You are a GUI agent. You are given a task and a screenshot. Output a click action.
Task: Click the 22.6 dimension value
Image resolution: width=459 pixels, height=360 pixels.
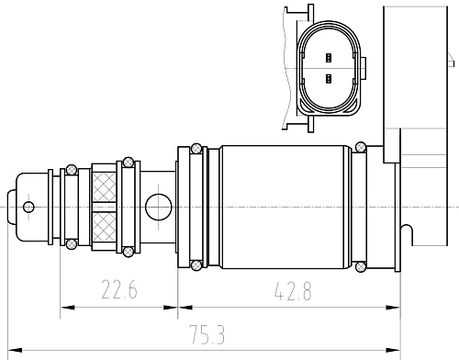(x=119, y=289)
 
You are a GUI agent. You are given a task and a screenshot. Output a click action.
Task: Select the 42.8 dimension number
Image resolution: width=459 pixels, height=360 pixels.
(x=293, y=291)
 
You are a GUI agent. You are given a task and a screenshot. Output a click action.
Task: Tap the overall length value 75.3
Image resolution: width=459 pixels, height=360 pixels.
(x=207, y=334)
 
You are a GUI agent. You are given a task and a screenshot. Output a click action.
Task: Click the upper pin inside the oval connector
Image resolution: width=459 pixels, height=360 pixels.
(x=329, y=58)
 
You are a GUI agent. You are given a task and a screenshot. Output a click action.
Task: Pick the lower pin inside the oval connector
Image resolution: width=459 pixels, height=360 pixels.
(x=329, y=79)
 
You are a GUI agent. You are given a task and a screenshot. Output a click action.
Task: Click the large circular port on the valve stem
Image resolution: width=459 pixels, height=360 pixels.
(x=158, y=207)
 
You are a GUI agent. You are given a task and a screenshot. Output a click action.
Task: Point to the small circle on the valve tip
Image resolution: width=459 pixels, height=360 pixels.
(x=28, y=208)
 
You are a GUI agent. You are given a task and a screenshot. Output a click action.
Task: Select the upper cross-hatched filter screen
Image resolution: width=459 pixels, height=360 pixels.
(x=104, y=186)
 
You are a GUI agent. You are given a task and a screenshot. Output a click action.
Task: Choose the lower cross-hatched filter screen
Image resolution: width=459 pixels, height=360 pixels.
(x=104, y=227)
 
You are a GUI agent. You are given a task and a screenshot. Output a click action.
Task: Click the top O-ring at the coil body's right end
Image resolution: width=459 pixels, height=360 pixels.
(x=361, y=147)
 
